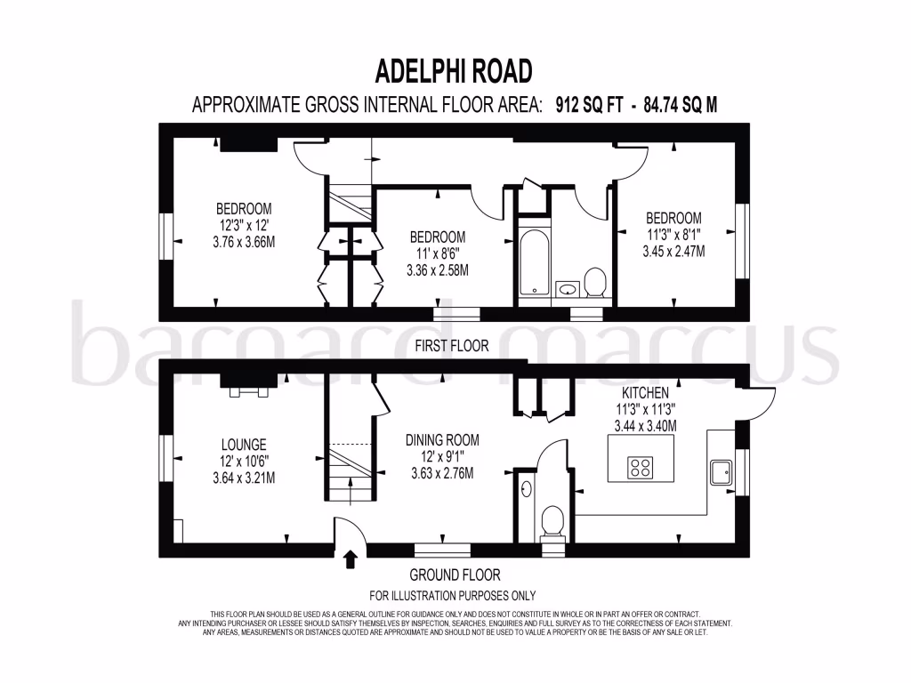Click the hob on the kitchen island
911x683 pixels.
[641, 467]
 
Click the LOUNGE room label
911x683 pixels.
[244, 445]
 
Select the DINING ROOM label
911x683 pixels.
[442, 439]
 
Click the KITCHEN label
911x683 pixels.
[646, 392]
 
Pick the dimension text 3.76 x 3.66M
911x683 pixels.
[244, 242]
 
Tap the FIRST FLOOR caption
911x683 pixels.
[452, 346]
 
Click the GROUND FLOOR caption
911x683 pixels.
[455, 575]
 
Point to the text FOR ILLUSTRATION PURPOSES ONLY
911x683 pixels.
[453, 596]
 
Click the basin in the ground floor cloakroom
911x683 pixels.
[526, 488]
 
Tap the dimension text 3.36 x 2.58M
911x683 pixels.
[437, 270]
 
